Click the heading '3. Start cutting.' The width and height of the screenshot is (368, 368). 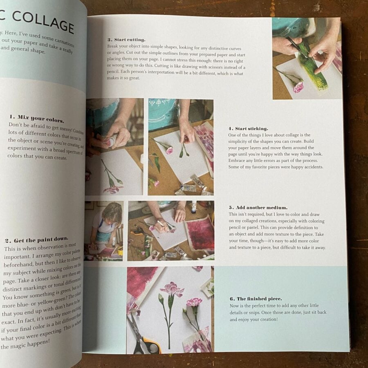tap(126, 40)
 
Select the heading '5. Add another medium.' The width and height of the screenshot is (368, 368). tap(252, 208)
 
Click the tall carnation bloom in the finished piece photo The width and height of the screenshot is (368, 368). tap(172, 289)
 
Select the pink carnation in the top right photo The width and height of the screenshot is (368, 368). tap(298, 87)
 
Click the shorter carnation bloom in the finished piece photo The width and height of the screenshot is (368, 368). tap(194, 302)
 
